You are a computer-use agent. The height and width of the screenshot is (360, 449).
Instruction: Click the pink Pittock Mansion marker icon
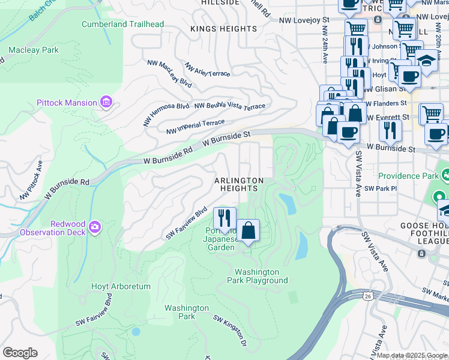click(106, 102)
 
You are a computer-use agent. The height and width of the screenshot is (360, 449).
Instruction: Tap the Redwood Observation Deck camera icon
click(95, 227)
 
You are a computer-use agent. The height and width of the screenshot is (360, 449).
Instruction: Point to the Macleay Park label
click(34, 50)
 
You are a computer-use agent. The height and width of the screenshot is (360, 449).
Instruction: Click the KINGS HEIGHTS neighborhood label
click(223, 29)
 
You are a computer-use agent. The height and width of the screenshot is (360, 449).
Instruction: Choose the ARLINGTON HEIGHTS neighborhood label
click(240, 184)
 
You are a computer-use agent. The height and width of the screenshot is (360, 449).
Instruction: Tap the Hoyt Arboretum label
click(121, 286)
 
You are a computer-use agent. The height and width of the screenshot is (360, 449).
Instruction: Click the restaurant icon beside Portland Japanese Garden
click(225, 217)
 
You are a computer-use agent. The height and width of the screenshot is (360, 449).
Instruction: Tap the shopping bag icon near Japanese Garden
click(248, 230)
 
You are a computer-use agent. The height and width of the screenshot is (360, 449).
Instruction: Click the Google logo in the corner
click(20, 353)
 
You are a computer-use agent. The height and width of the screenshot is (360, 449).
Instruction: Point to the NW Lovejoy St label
click(305, 20)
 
